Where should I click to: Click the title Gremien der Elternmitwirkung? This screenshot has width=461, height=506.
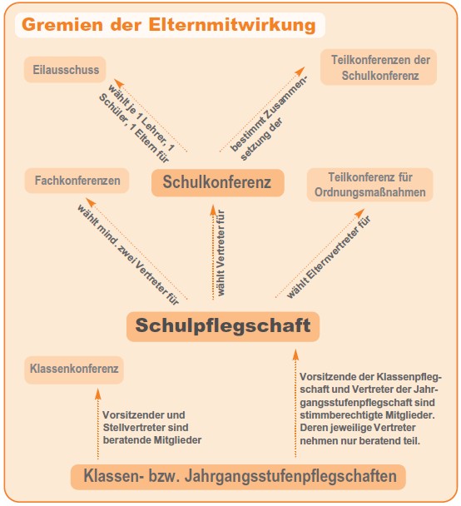point(169,25)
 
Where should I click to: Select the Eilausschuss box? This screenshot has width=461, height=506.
point(65,70)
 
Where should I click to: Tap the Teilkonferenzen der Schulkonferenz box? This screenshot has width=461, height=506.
point(379,67)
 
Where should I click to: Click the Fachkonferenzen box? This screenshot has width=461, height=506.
point(77,181)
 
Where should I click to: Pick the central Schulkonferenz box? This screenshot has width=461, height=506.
point(218,182)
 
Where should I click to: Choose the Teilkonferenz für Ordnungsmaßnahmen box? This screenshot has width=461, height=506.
point(370,185)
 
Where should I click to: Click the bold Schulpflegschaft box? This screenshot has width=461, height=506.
point(223,326)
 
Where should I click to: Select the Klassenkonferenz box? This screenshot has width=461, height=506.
point(74,370)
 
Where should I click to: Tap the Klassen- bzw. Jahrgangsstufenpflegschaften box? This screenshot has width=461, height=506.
point(238,477)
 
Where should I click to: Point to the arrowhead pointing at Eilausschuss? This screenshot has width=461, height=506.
point(119,83)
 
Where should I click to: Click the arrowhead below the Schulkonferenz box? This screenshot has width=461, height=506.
point(213,210)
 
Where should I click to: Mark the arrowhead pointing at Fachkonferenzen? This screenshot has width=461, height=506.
point(91,202)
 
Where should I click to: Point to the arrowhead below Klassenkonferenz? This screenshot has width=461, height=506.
point(98,394)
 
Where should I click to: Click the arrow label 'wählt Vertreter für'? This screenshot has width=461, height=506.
point(221,253)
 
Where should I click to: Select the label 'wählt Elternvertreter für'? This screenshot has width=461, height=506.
point(329,256)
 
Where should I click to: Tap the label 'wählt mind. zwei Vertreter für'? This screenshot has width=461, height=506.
point(128,255)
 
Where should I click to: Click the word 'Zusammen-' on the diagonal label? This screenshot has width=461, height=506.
point(285,99)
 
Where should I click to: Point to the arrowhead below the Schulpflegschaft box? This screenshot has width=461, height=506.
point(295,355)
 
